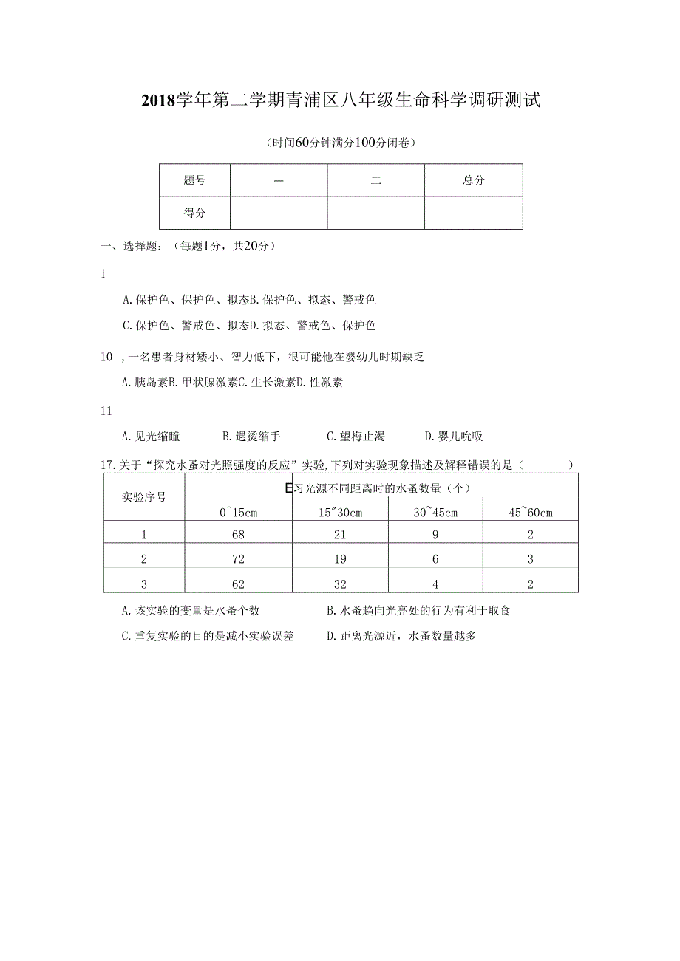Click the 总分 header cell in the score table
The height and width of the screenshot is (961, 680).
click(473, 180)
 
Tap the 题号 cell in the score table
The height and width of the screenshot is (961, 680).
click(194, 180)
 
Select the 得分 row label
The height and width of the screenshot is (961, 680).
click(194, 213)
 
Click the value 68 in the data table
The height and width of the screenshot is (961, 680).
click(238, 535)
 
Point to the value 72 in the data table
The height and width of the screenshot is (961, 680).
click(238, 559)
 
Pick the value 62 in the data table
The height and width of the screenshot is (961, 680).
click(238, 584)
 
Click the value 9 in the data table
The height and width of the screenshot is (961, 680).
click(435, 535)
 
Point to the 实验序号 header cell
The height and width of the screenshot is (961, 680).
click(143, 496)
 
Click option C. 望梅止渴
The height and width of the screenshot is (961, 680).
click(356, 437)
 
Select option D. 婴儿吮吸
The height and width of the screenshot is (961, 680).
click(454, 437)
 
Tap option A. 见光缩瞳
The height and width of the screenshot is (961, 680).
click(151, 437)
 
